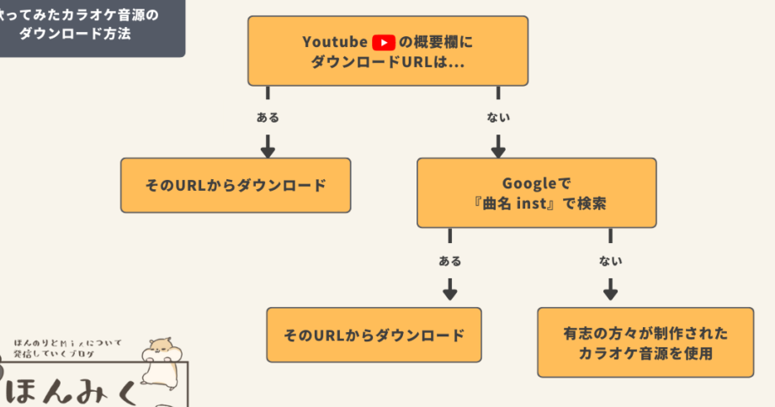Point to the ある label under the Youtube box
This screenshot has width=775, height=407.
click(x=268, y=118)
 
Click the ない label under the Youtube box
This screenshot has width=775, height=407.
click(x=498, y=118)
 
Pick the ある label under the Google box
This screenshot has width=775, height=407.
click(x=450, y=262)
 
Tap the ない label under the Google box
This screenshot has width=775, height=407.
click(x=611, y=262)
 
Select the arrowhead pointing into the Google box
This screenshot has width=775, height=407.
click(x=498, y=151)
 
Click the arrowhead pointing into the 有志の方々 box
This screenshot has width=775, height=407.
click(x=611, y=294)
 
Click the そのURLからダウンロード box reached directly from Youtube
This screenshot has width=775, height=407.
click(x=235, y=185)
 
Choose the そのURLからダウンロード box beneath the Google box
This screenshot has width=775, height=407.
click(x=374, y=335)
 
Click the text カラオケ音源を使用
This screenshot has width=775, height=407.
click(x=645, y=354)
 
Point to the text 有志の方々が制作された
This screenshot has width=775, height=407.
click(x=645, y=333)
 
